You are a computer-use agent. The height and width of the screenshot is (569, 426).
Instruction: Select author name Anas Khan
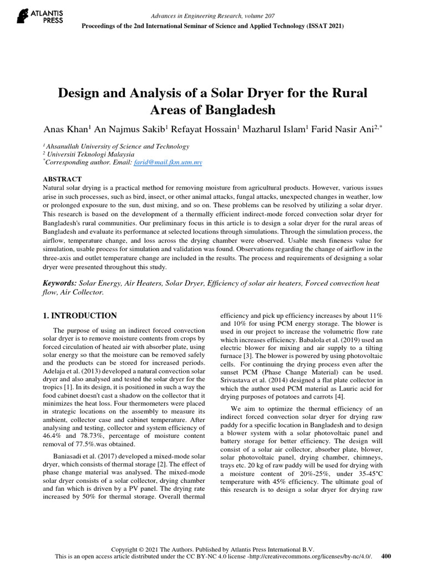coord(66,129)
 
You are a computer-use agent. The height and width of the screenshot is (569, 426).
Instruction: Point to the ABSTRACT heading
coord(62,179)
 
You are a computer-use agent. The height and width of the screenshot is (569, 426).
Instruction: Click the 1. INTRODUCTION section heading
coord(80,316)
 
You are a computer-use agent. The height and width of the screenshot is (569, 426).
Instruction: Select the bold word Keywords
coord(60,283)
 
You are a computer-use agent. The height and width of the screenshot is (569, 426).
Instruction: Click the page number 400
coord(387,555)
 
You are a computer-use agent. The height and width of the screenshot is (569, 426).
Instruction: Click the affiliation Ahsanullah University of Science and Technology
coord(118,147)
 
